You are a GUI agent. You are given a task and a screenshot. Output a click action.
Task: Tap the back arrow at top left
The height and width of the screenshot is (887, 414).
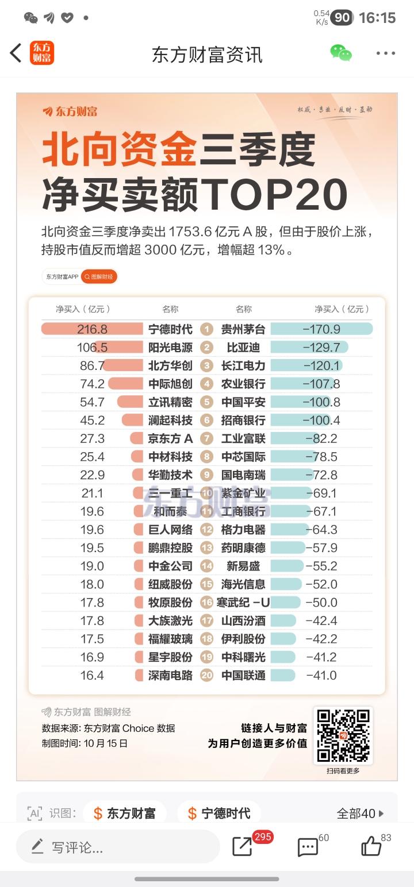[16, 53]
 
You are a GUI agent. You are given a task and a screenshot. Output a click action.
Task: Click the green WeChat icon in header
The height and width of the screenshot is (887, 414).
[341, 53]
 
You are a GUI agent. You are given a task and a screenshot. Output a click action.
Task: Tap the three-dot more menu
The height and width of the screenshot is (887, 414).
[386, 53]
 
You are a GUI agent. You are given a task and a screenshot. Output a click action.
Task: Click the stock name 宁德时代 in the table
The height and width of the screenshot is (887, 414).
[170, 329]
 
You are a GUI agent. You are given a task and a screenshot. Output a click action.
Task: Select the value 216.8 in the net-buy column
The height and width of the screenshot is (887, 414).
[92, 329]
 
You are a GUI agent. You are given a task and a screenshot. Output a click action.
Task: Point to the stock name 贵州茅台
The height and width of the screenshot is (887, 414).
[243, 329]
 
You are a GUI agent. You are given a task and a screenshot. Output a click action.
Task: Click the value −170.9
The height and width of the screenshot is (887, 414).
[321, 329]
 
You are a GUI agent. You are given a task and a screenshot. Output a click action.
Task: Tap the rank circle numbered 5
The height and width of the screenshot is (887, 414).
[207, 402]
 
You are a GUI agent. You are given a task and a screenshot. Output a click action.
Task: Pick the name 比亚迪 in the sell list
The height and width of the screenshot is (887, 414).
[243, 348]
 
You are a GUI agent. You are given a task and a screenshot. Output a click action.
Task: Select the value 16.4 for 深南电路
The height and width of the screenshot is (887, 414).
[92, 676]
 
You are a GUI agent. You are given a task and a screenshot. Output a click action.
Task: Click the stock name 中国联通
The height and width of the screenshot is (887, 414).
[243, 676]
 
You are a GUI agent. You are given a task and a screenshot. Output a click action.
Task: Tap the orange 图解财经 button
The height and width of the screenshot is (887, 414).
[99, 277]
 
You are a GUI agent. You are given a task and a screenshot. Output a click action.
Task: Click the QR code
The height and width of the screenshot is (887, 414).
[343, 735]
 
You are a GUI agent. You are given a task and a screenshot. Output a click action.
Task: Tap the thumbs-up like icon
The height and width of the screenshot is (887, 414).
[371, 846]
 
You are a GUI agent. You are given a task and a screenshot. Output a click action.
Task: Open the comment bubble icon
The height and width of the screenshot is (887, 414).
[308, 847]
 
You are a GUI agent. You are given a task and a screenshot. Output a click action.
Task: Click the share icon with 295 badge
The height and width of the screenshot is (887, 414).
[243, 847]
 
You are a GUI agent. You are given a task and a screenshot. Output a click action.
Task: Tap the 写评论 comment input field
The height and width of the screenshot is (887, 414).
[118, 847]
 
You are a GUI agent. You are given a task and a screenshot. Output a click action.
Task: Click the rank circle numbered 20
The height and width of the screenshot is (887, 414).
[207, 676]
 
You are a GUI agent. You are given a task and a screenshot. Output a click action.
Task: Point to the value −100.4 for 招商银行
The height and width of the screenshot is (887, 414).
[321, 421]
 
